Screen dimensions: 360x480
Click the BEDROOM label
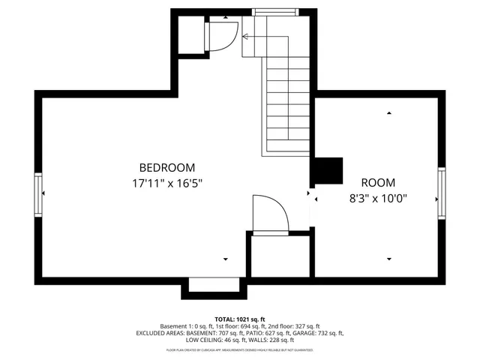(x=167, y=167)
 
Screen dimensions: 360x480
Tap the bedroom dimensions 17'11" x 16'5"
(x=167, y=182)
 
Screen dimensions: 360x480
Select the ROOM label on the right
(x=377, y=182)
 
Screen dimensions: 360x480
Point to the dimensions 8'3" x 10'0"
(x=377, y=199)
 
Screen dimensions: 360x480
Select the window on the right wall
(x=442, y=193)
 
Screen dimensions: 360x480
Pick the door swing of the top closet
(x=223, y=36)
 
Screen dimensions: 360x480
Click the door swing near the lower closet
(x=269, y=215)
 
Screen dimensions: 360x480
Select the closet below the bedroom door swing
(x=279, y=256)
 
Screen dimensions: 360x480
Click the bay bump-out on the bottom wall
(x=214, y=286)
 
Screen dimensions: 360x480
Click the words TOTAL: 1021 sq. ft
(x=240, y=319)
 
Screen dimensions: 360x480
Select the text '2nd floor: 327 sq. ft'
(x=291, y=326)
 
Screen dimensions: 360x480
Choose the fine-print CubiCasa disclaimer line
(x=240, y=349)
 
